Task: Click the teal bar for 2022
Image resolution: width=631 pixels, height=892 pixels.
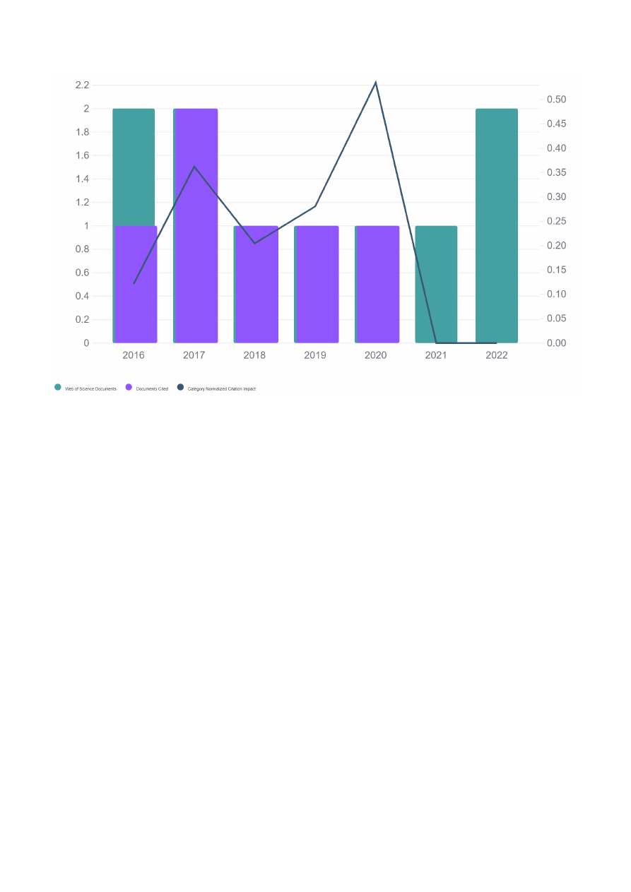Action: pyautogui.click(x=497, y=226)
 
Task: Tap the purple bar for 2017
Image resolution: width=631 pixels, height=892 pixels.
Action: pyautogui.click(x=196, y=226)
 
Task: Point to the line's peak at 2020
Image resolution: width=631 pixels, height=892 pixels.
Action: pyautogui.click(x=375, y=83)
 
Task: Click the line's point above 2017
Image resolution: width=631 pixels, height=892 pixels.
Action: pyautogui.click(x=194, y=167)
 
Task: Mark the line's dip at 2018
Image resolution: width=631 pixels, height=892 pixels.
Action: pyautogui.click(x=254, y=243)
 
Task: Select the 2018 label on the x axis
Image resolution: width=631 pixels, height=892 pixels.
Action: pyautogui.click(x=254, y=355)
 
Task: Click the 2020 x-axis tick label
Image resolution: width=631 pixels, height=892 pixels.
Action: pyautogui.click(x=375, y=355)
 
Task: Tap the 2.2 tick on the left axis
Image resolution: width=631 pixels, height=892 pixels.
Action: pyautogui.click(x=82, y=85)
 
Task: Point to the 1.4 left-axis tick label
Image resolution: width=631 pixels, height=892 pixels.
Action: pyautogui.click(x=82, y=179)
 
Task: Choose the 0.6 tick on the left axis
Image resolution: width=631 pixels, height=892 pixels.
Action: pyautogui.click(x=82, y=273)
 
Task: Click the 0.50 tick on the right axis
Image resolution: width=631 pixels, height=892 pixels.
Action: pyautogui.click(x=556, y=100)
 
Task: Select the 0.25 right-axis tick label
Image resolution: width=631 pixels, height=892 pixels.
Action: pyautogui.click(x=556, y=221)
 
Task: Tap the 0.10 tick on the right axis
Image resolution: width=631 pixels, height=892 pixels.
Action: pyautogui.click(x=556, y=295)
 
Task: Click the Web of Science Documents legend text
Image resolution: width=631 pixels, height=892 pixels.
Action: pyautogui.click(x=90, y=389)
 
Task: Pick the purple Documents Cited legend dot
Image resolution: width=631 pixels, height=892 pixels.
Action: pyautogui.click(x=129, y=387)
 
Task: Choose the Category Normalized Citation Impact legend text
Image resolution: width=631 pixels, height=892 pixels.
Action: pyautogui.click(x=221, y=389)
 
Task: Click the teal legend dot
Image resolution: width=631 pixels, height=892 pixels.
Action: pyautogui.click(x=58, y=387)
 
